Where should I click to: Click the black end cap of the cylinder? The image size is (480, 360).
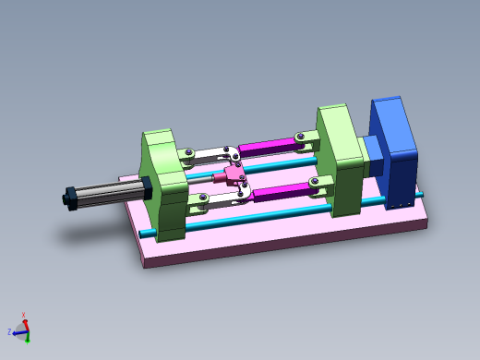[x=69, y=198]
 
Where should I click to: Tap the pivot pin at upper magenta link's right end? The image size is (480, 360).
[x=301, y=139]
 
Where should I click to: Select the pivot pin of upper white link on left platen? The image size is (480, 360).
[x=188, y=153]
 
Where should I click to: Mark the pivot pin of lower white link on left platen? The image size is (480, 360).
[x=191, y=196]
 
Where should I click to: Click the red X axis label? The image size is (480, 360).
[x=23, y=315]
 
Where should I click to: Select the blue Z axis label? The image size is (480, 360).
[x=9, y=330]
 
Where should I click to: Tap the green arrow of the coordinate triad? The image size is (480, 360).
[x=28, y=337]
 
